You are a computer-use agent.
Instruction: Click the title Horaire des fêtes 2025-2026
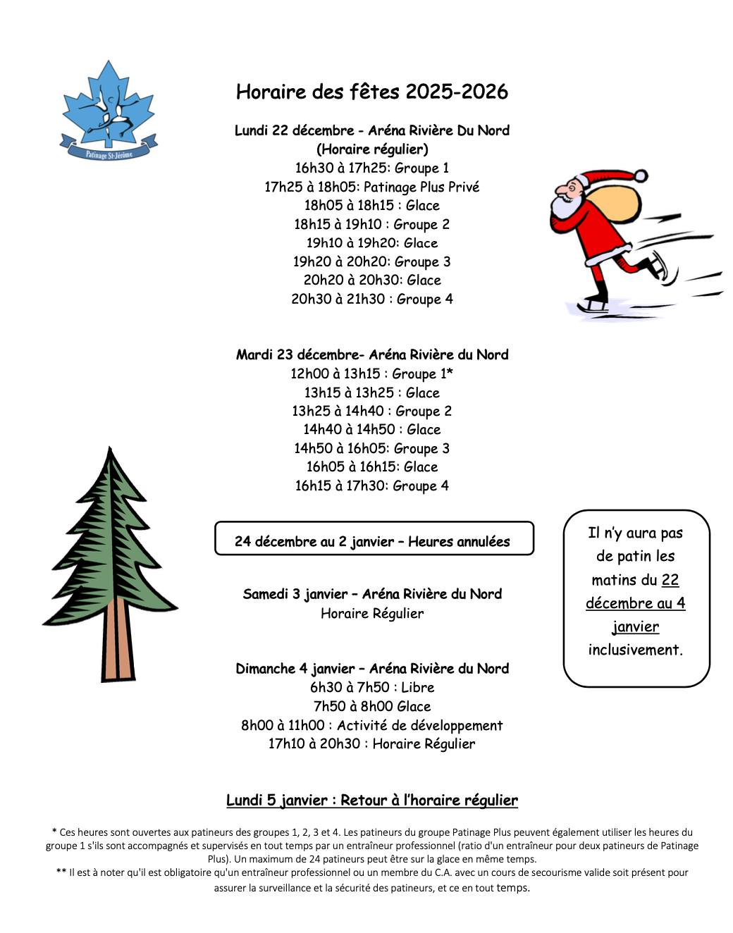coord(371,92)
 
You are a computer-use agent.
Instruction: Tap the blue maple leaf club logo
coord(109,109)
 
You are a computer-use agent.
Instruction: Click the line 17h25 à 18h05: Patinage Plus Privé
coord(371,187)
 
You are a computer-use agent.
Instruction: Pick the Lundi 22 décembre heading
coord(371,130)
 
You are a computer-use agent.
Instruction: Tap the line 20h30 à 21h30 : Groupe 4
coord(371,299)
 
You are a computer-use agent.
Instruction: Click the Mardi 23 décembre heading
coord(371,354)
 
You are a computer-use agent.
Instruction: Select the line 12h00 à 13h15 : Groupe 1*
coord(371,373)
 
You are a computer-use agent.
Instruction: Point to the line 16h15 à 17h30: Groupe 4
coord(371,486)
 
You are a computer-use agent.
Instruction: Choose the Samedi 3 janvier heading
coord(371,594)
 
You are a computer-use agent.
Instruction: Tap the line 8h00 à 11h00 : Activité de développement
coord(371,725)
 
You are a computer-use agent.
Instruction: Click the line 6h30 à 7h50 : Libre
coord(371,687)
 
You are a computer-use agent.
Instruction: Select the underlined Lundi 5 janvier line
coord(371,800)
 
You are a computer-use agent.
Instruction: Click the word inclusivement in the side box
coord(635,650)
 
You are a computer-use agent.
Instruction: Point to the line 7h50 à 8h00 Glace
coord(371,706)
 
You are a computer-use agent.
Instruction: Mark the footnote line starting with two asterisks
coord(371,872)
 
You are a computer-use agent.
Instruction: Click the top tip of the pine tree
coord(109,449)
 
